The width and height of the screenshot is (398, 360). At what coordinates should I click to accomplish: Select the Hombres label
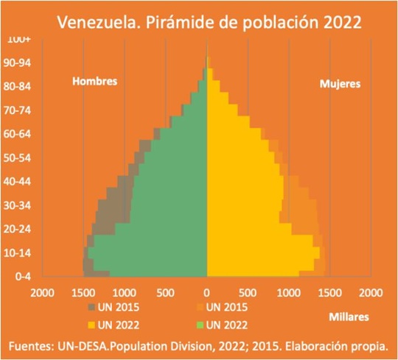94,81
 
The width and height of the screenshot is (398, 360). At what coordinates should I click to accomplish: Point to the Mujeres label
340,84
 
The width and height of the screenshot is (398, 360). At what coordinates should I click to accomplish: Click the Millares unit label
349,317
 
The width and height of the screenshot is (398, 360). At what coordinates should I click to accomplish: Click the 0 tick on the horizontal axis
207,292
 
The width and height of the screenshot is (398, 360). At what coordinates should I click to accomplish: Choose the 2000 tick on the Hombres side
42,292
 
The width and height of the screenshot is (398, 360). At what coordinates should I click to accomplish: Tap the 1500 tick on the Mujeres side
329,292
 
